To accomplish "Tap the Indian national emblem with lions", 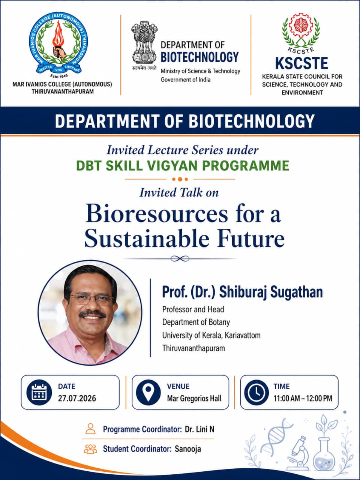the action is click(x=144, y=42).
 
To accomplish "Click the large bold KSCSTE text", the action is click(x=301, y=63).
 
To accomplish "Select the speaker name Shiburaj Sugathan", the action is click(x=271, y=292).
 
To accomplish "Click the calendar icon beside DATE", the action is click(x=39, y=393).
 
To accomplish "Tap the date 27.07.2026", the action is click(x=77, y=398).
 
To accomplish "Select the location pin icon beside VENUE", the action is click(x=148, y=393).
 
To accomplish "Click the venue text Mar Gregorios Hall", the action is click(x=194, y=398).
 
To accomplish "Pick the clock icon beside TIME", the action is click(x=256, y=393).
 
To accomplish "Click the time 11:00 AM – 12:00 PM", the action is click(x=303, y=398).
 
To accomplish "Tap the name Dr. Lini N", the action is click(x=199, y=429).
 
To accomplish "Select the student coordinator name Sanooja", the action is click(x=188, y=449).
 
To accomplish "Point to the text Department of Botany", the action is click(x=196, y=322).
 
